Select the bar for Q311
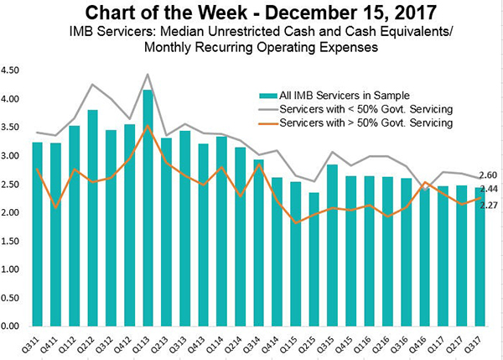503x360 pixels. (x=38, y=234)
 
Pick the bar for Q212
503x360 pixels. (x=93, y=218)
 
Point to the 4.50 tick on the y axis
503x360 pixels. (x=12, y=70)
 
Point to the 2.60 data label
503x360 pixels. (x=489, y=175)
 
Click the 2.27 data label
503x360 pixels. (x=489, y=205)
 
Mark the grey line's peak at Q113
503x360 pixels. (x=148, y=74)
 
